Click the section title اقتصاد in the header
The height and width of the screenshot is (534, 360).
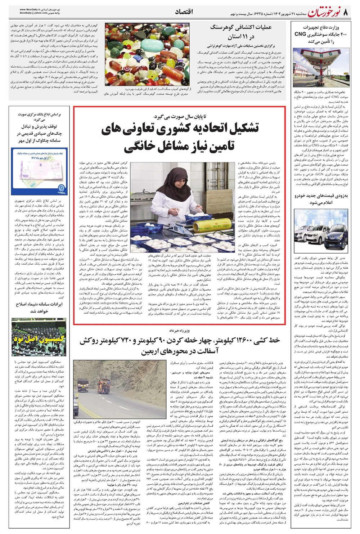coord(184,12)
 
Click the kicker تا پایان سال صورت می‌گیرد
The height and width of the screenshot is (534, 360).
coord(180,116)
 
